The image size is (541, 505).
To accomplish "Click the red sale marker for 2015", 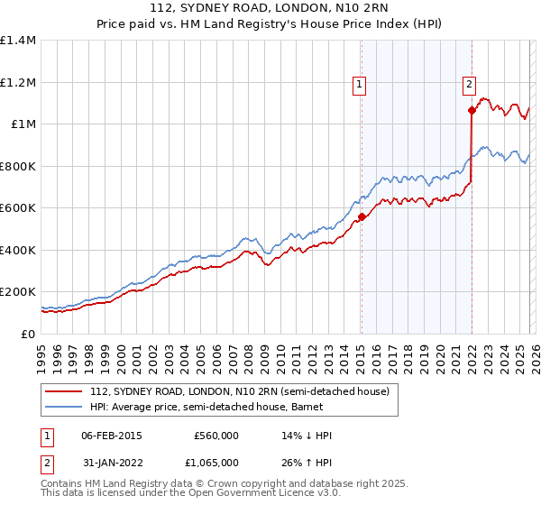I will click(362, 216).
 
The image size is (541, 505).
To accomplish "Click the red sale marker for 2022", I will click(472, 111).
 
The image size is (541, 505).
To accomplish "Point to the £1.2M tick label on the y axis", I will click(18, 82).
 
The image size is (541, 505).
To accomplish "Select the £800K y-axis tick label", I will click(18, 166).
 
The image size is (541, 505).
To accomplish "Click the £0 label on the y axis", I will click(27, 334).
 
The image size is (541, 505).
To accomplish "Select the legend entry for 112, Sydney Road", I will click(239, 391).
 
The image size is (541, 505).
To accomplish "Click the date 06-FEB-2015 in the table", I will click(111, 436).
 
